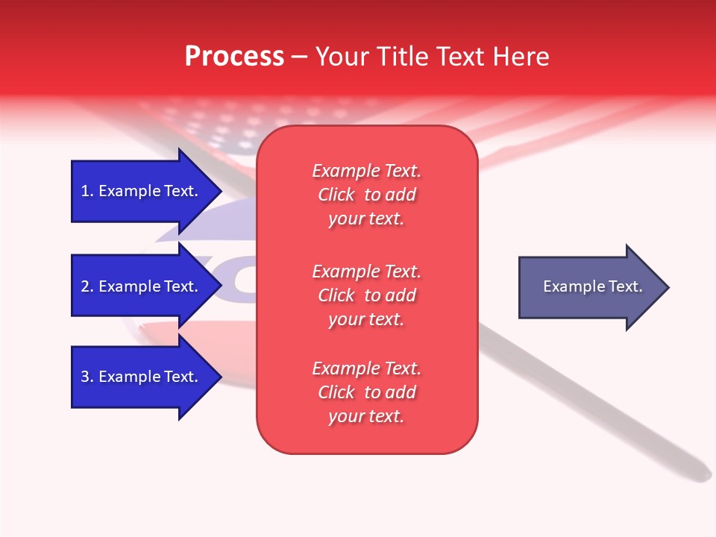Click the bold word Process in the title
click(234, 57)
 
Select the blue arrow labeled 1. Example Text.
click(134, 191)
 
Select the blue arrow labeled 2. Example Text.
click(134, 286)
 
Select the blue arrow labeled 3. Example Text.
click(134, 377)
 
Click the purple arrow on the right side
click(582, 287)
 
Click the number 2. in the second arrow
click(87, 286)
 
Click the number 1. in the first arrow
click(87, 191)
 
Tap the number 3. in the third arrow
click(87, 377)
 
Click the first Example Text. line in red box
click(366, 171)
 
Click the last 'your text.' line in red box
click(366, 416)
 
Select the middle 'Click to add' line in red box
click(366, 295)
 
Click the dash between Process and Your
click(300, 57)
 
